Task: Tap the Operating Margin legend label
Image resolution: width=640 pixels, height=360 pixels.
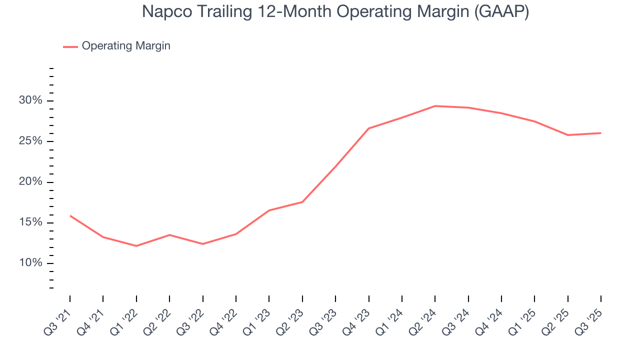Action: (x=126, y=46)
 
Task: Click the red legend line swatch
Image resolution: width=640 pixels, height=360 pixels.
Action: (x=70, y=46)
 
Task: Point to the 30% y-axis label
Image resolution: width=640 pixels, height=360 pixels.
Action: (x=30, y=100)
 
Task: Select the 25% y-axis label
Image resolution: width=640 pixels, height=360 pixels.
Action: (x=30, y=141)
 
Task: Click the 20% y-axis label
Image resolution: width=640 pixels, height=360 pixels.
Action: (x=30, y=182)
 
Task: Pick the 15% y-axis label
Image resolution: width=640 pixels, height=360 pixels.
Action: (x=30, y=222)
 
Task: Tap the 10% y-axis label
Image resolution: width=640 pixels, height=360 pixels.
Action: (x=30, y=263)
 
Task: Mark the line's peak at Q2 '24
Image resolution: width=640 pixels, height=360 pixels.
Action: (x=435, y=106)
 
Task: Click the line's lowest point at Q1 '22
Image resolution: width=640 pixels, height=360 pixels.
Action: (x=136, y=246)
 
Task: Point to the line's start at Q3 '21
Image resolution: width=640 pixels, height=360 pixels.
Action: (x=70, y=215)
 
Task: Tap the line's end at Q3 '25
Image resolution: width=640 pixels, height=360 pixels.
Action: (x=600, y=133)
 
